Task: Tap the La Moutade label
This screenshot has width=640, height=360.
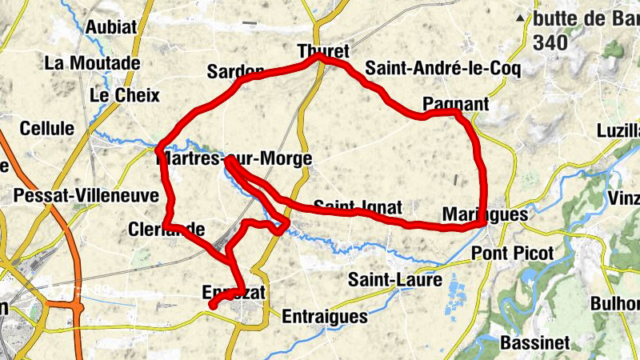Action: (93, 62)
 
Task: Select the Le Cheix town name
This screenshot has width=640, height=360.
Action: (124, 96)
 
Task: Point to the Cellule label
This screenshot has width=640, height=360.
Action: (47, 128)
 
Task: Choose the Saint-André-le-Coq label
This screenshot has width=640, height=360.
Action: (443, 70)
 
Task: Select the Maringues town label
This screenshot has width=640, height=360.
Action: (486, 214)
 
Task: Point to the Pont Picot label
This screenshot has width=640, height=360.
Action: (513, 253)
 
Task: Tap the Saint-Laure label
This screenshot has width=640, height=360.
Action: (395, 280)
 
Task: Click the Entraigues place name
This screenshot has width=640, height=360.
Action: (325, 316)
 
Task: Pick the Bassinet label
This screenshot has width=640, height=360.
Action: (535, 343)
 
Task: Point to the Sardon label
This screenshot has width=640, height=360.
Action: (235, 72)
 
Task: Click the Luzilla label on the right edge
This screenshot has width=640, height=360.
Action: (618, 130)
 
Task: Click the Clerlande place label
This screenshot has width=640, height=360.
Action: (166, 230)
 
